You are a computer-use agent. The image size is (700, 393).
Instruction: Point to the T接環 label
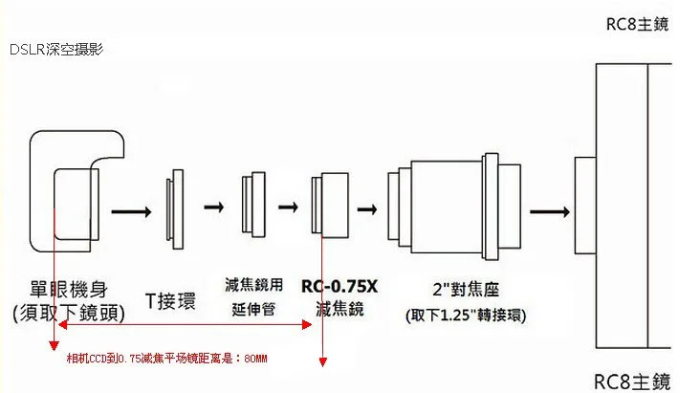(x=170, y=299)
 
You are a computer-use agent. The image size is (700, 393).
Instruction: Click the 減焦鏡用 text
(x=253, y=284)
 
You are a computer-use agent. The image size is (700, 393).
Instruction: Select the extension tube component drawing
(x=253, y=205)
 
